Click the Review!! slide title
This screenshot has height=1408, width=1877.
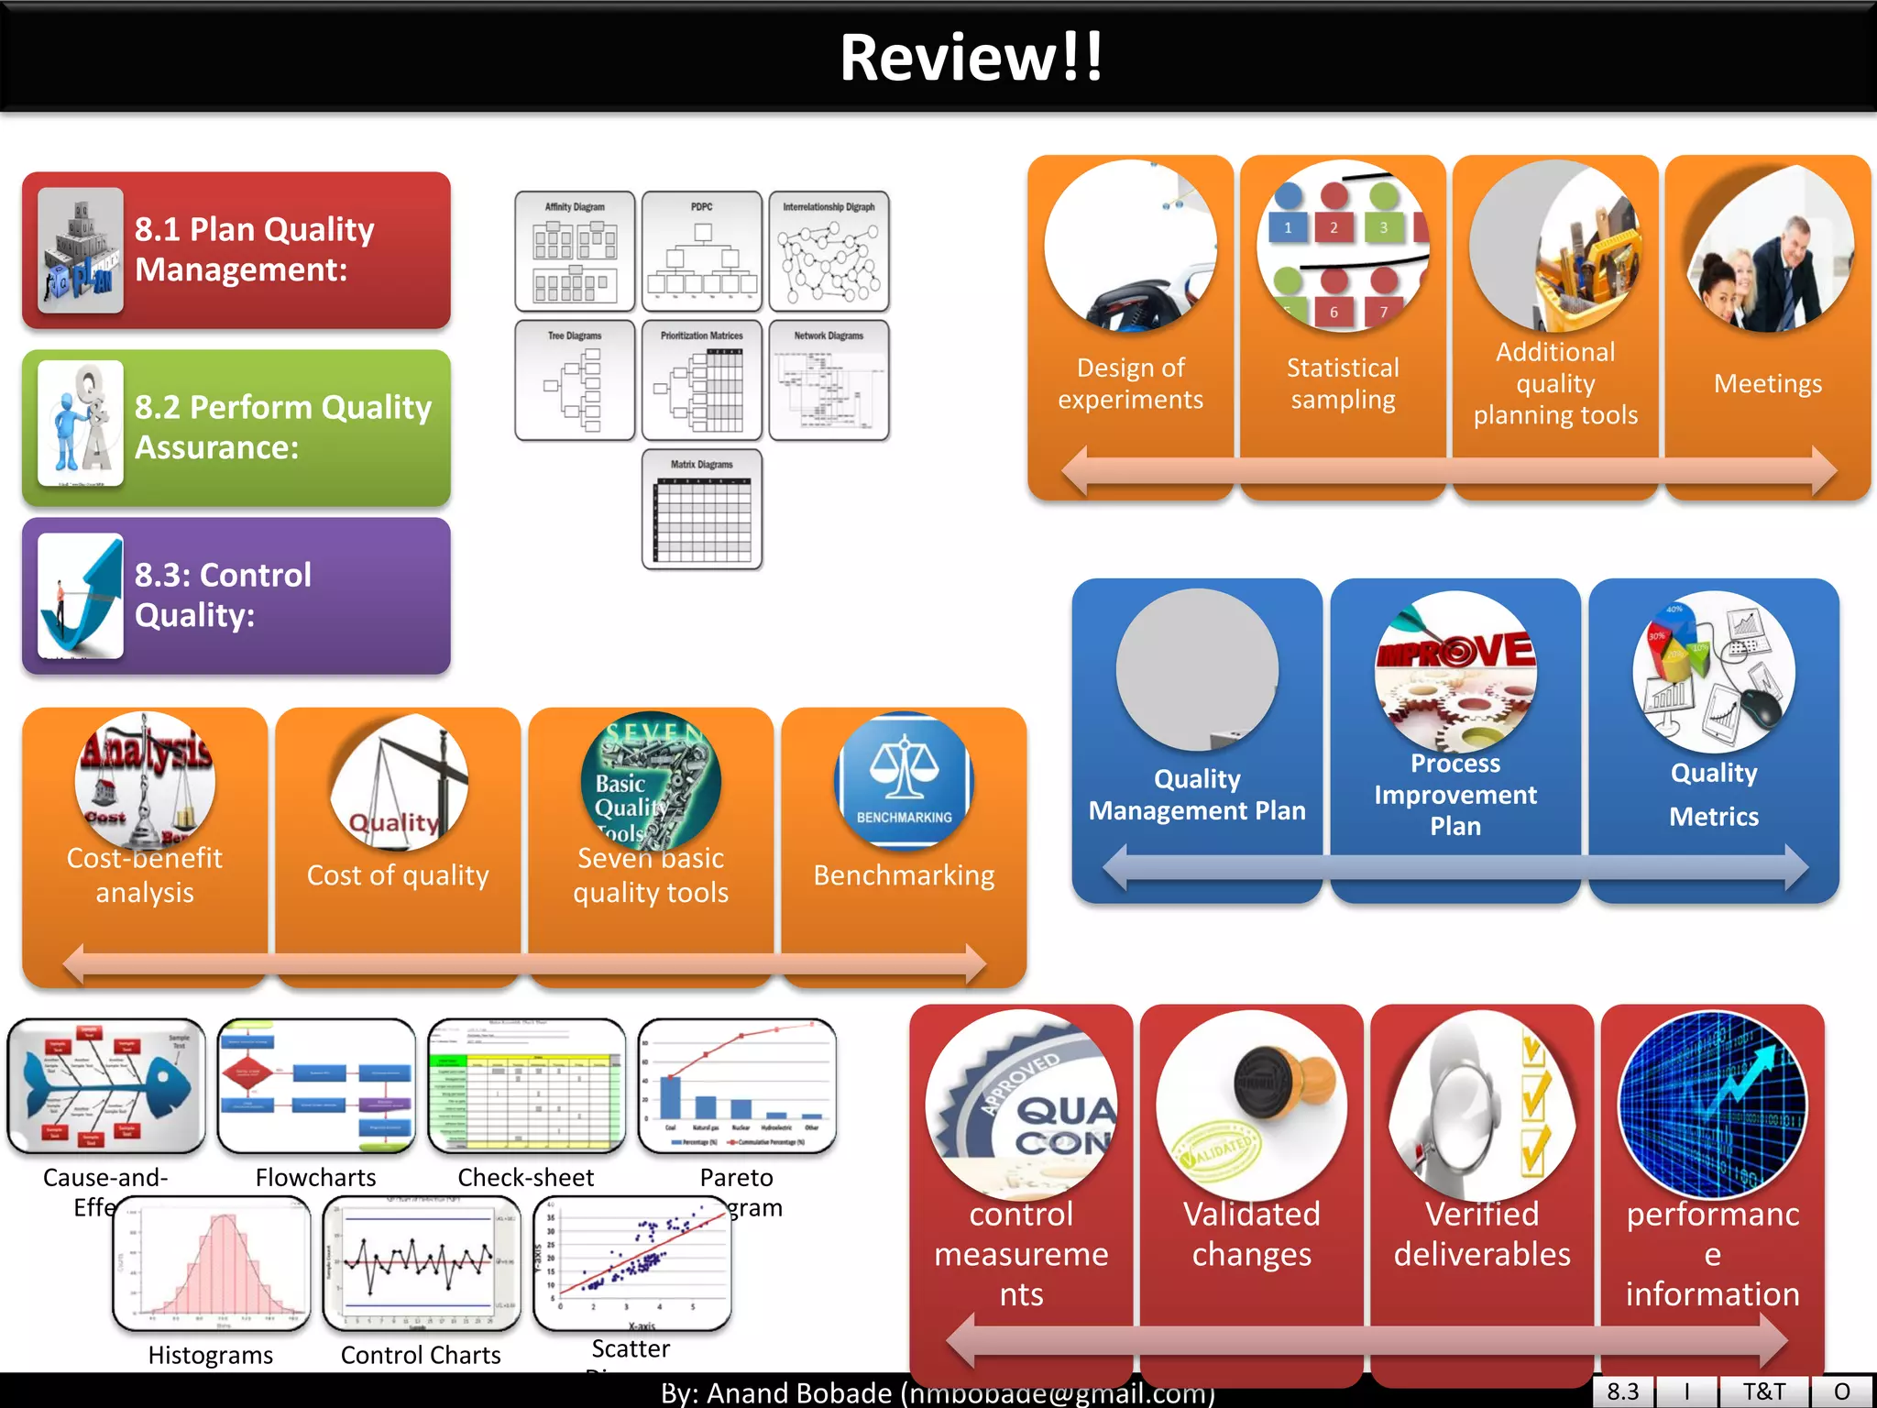971,57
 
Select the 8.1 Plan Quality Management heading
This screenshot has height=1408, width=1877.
254,249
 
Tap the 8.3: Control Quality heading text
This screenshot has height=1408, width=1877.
223,594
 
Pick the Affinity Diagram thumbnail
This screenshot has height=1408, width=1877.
575,251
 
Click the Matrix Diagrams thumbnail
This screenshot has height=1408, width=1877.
702,509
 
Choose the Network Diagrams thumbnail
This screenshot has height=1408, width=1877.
829,379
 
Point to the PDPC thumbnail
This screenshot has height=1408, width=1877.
702,251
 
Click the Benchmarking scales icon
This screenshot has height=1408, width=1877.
904,779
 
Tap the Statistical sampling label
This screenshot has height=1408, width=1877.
1343,383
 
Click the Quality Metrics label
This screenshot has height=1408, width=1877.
1714,794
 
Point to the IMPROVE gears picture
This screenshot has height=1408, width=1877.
1455,671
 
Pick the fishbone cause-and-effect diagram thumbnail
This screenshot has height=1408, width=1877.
106,1085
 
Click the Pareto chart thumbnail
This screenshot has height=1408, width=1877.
737,1085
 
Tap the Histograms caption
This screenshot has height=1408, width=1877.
211,1355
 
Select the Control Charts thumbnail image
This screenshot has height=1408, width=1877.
422,1263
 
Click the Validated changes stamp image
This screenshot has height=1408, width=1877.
1252,1105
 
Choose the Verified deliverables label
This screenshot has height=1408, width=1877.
1482,1234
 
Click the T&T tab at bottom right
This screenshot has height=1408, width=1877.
1763,1391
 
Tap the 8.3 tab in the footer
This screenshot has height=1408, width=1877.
1622,1391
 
